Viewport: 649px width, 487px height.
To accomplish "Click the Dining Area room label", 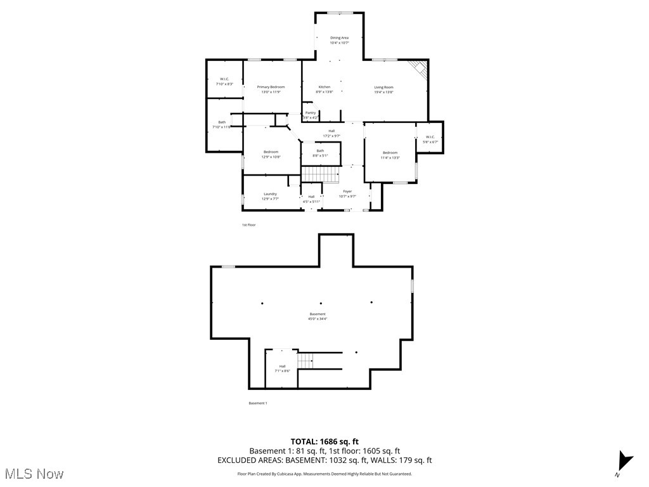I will coord(339,40).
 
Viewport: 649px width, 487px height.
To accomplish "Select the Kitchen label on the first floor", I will coord(324,89).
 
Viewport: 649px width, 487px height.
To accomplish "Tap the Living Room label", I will coord(383,89).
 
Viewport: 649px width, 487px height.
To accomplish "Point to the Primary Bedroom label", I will coord(271,89).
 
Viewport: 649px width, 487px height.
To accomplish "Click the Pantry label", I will coord(310,115).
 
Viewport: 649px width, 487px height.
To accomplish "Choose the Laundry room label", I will coord(270,196).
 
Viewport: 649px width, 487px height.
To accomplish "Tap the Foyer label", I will coord(347,193).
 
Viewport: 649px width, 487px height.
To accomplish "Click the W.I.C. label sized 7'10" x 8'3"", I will coord(224,81).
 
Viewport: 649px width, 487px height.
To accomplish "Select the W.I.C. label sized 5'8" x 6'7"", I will coord(430,139).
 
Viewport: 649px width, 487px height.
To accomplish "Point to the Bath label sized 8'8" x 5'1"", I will coord(320,152).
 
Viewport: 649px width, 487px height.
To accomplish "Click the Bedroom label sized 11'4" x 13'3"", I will coord(390,155).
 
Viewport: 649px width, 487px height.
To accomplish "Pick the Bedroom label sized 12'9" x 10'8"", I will coord(271,154).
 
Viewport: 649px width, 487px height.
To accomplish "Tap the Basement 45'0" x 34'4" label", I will coord(317,316).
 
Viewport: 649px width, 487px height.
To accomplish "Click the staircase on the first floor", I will coord(312,174).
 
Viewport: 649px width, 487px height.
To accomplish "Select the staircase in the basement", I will coord(305,361).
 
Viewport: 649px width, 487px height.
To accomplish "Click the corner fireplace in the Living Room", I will coord(418,68).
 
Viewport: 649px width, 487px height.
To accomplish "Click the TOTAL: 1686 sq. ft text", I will coord(324,441).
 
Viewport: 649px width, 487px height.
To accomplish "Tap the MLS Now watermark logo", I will coord(34,473).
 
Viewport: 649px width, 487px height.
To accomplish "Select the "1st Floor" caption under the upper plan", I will coord(248,224).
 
